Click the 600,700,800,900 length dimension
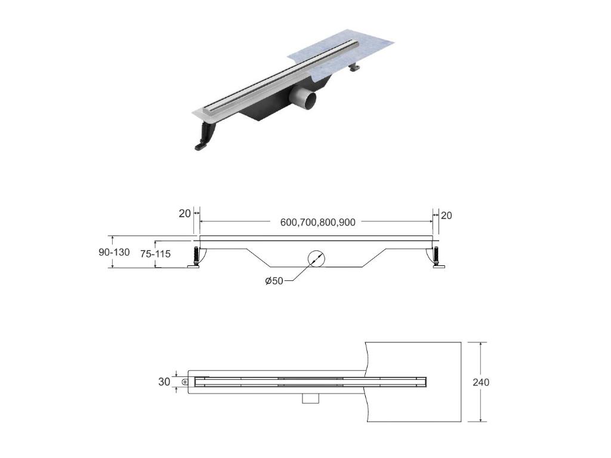(x=317, y=222)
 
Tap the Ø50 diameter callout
(x=274, y=281)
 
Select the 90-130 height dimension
(x=114, y=252)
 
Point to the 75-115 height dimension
(x=156, y=254)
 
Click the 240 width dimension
(x=481, y=382)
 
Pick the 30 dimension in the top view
(x=164, y=382)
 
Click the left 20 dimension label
(x=185, y=213)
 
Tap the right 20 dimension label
(x=446, y=215)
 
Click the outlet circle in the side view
(x=316, y=258)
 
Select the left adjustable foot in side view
(x=195, y=258)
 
